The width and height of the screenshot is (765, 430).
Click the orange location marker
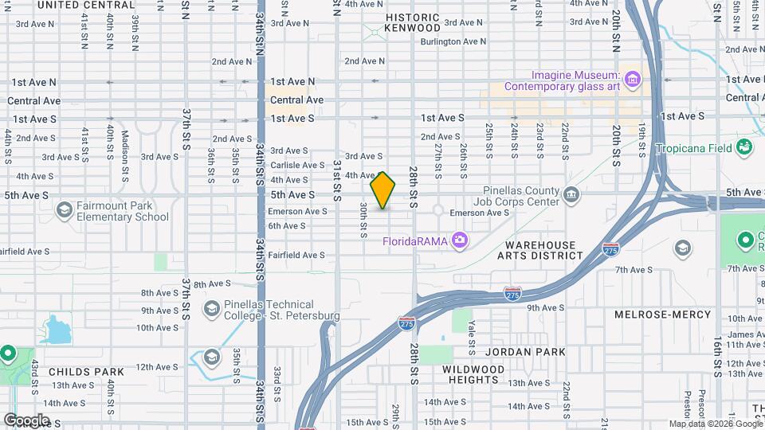click(382, 190)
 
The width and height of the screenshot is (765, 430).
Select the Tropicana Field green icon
click(744, 147)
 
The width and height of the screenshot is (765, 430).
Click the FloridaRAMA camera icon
click(459, 240)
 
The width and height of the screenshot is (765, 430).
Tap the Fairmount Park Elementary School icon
click(65, 209)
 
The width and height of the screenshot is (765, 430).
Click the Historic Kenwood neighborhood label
click(412, 22)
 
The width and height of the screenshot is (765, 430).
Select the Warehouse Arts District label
click(540, 250)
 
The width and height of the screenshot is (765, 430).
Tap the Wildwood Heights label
click(473, 374)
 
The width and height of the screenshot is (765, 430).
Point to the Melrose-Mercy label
click(662, 315)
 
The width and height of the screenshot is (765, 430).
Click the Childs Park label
click(86, 372)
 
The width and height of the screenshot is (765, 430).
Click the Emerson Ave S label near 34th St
click(297, 211)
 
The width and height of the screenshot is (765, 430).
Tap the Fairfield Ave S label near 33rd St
click(296, 255)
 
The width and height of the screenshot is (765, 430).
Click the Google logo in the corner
click(26, 420)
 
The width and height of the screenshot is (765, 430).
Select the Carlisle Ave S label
click(297, 166)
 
